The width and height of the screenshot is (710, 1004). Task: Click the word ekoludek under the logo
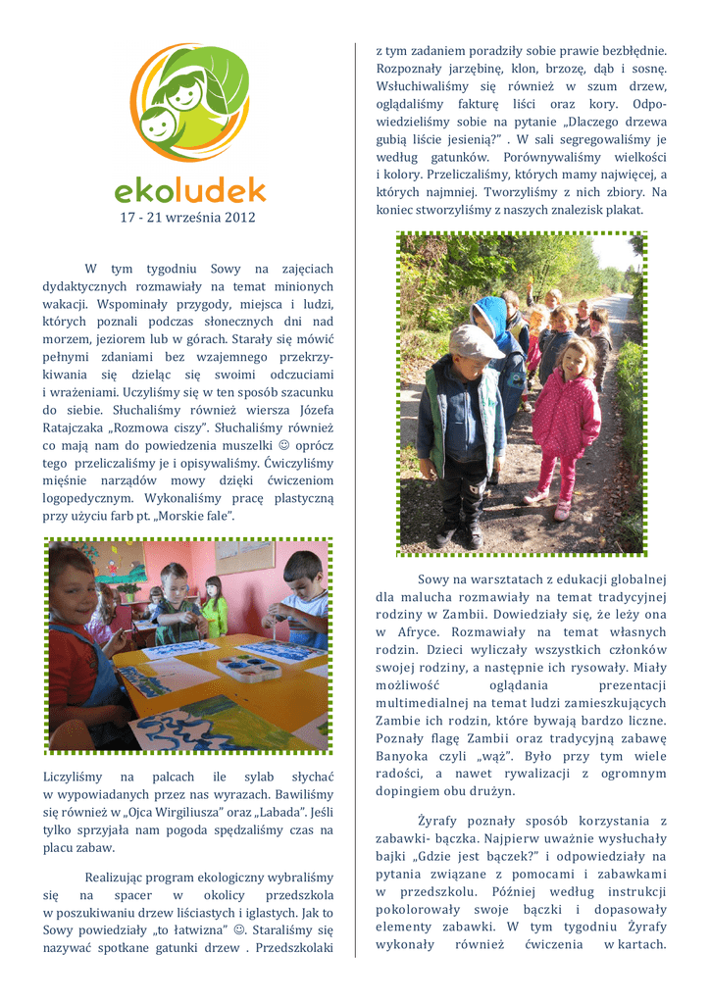tap(189, 187)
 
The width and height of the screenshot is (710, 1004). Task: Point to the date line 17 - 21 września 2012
tap(188, 217)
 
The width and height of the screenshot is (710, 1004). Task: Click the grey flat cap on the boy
tap(475, 342)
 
